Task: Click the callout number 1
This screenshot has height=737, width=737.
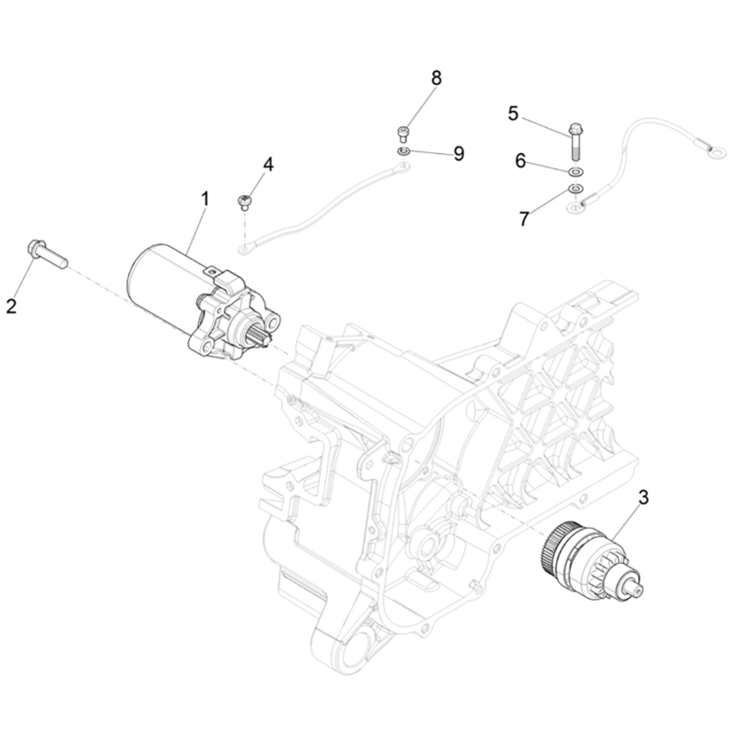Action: click(x=205, y=197)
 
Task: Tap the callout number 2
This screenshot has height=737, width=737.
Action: click(x=12, y=306)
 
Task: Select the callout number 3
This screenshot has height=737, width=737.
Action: click(x=644, y=497)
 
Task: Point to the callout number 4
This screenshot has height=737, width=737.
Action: click(x=268, y=164)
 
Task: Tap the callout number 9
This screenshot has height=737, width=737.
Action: click(x=458, y=152)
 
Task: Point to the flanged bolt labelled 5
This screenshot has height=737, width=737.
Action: click(x=578, y=137)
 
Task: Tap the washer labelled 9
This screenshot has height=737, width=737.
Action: click(x=404, y=150)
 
